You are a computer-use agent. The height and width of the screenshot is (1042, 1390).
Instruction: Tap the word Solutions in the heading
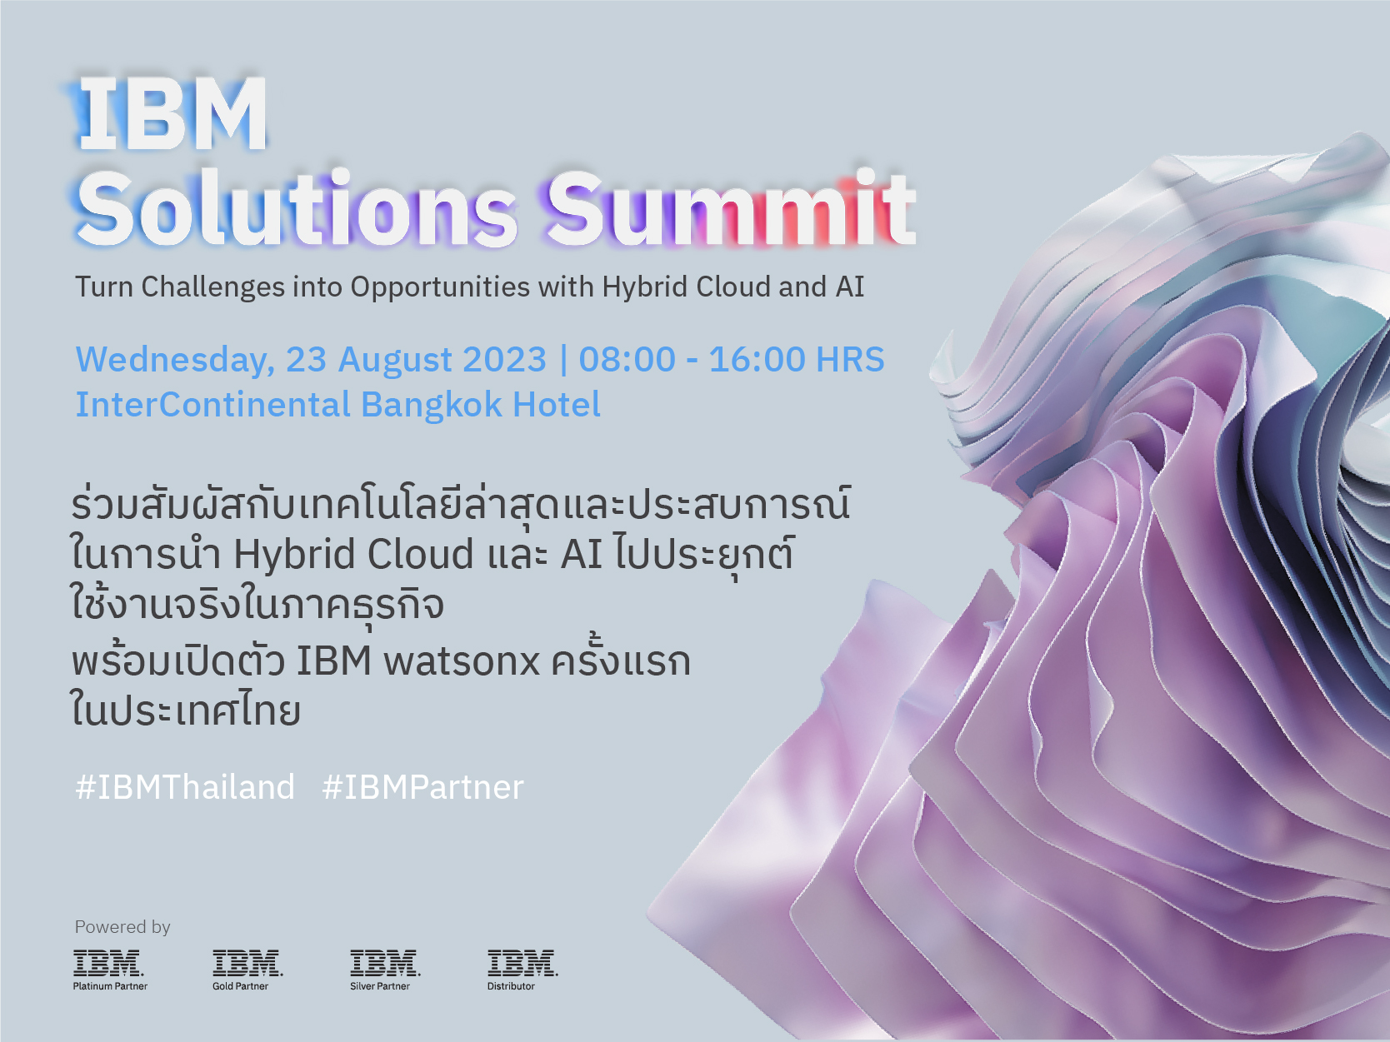click(x=297, y=208)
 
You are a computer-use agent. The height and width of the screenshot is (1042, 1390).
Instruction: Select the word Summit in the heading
click(x=730, y=208)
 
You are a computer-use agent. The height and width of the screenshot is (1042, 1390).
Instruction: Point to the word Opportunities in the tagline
click(x=440, y=287)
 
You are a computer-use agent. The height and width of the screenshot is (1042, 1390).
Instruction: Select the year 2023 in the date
click(x=504, y=360)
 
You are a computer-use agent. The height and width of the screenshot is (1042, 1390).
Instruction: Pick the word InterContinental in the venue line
click(x=213, y=405)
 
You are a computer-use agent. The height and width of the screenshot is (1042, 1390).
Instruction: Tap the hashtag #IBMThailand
click(x=185, y=787)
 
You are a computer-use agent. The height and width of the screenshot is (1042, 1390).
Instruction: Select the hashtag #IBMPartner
click(x=422, y=787)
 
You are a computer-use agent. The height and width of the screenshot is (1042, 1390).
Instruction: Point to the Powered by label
click(x=122, y=927)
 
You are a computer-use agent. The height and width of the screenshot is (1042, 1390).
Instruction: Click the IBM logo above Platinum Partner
click(x=108, y=963)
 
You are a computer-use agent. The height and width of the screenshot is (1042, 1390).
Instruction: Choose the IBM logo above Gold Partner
click(x=247, y=963)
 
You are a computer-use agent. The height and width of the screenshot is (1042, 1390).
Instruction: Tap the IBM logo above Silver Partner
click(x=385, y=963)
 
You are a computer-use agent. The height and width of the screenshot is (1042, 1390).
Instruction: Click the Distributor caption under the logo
click(x=511, y=986)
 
